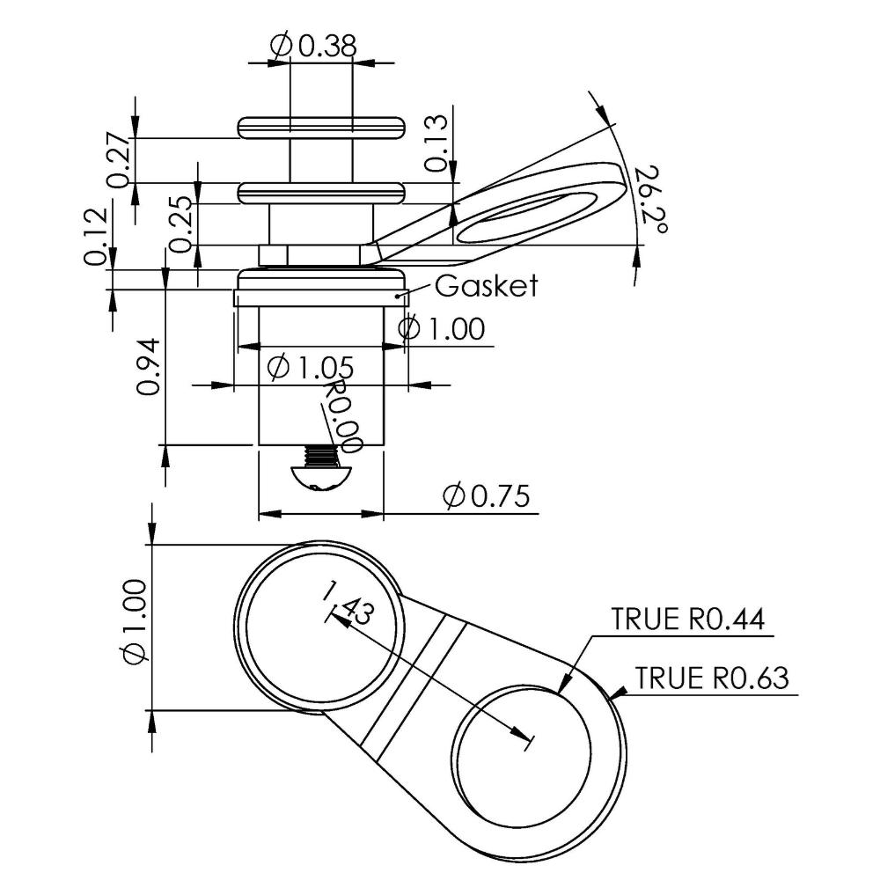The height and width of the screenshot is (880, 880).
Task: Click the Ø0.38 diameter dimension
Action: tap(313, 46)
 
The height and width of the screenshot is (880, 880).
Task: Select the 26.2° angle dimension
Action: tap(651, 201)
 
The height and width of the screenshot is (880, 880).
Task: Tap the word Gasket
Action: tap(486, 286)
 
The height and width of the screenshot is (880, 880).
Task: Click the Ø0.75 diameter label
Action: tap(486, 495)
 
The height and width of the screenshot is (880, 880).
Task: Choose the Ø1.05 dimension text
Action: tap(311, 368)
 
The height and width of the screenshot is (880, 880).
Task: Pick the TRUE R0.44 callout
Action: tap(688, 619)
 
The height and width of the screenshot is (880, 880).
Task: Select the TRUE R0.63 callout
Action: tap(712, 678)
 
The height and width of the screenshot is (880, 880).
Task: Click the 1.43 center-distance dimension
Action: tap(348, 604)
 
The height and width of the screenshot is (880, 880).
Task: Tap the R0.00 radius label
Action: tap(342, 415)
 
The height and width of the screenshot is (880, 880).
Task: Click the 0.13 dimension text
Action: tap(436, 143)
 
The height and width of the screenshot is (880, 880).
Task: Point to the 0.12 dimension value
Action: tap(95, 236)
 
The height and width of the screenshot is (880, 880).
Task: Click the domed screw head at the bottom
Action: tap(320, 479)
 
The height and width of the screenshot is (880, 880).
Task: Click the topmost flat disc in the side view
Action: tap(321, 128)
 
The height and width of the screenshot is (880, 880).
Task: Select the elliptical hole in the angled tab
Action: tap(526, 217)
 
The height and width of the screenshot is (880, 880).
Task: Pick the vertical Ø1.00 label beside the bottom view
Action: tap(135, 622)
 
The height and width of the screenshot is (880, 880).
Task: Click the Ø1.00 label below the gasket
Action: tap(441, 328)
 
